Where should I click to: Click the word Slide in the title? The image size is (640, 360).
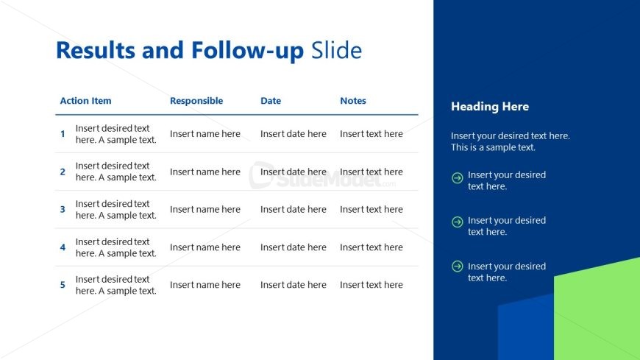click(x=336, y=50)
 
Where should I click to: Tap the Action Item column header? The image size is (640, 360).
click(x=86, y=101)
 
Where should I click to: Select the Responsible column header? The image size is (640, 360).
click(x=196, y=101)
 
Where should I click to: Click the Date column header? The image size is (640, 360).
click(x=271, y=101)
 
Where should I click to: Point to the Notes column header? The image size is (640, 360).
click(x=353, y=101)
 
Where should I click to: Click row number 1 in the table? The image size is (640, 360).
click(x=63, y=134)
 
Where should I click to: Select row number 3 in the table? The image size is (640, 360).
click(x=63, y=210)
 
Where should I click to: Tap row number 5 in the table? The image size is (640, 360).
click(x=63, y=285)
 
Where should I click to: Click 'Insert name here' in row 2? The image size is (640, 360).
click(x=205, y=172)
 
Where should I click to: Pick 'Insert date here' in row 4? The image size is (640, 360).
click(x=294, y=247)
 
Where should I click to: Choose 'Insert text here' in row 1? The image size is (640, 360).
click(x=371, y=134)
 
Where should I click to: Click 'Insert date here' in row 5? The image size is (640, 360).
click(x=294, y=285)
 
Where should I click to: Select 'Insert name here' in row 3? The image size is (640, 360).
click(x=205, y=210)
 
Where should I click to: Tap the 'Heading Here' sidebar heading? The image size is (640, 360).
click(x=490, y=107)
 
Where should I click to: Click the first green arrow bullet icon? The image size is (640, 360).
click(x=457, y=177)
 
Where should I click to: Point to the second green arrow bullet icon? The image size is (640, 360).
click(x=457, y=222)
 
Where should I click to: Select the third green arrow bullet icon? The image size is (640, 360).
click(x=457, y=267)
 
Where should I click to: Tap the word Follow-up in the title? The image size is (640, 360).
click(x=247, y=50)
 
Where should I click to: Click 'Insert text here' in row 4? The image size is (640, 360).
click(x=371, y=247)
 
